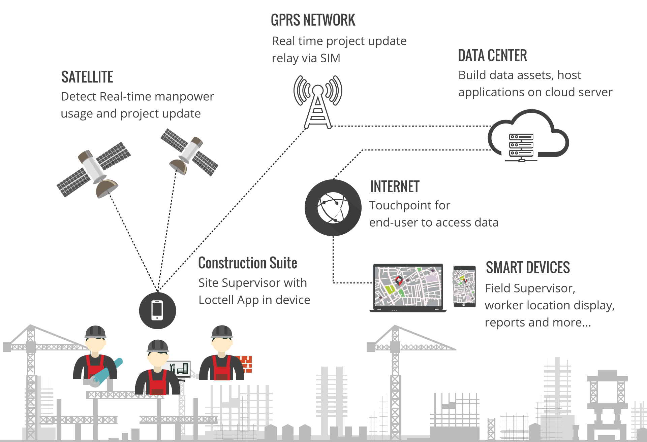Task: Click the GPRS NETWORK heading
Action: coord(313,20)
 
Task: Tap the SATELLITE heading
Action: coord(87,77)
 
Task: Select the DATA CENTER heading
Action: coord(492,56)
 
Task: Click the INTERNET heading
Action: coord(395,187)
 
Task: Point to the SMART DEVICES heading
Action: coord(528,268)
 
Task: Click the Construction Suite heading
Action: coord(247,263)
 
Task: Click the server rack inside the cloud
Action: coord(521,147)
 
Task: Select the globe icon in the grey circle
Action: coord(333,208)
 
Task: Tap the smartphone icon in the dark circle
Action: coord(157,310)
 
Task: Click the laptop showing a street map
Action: coord(408,287)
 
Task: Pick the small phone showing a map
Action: coord(464,286)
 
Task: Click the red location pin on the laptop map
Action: coord(399,280)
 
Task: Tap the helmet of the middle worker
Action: coord(158,346)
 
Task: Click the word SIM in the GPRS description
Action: coord(330,58)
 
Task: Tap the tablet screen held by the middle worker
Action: coord(180,368)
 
